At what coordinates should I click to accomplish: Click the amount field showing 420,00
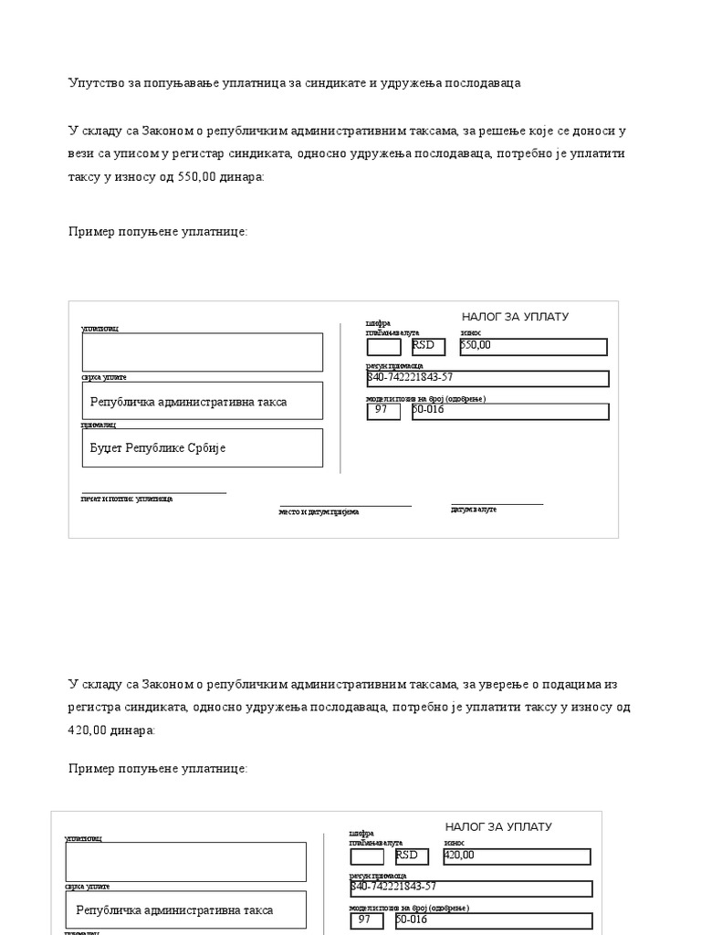[517, 856]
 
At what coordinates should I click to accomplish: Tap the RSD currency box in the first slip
[428, 346]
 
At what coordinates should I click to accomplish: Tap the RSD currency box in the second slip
[412, 856]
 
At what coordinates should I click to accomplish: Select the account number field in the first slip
[487, 378]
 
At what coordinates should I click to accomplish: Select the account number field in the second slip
[471, 888]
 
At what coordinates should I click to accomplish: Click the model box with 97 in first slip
[383, 411]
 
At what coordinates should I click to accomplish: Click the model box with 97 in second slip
[367, 920]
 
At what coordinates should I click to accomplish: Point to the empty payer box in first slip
[202, 352]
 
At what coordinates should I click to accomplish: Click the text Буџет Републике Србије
[157, 448]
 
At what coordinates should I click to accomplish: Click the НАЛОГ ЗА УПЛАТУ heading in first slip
[515, 317]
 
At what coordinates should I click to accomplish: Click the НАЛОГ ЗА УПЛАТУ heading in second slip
[498, 827]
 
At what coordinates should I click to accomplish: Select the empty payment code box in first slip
[383, 346]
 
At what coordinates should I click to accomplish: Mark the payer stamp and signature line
[153, 493]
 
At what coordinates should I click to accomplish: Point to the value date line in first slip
[497, 504]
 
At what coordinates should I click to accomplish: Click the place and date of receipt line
[345, 506]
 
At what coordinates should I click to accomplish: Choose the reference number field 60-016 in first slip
[509, 411]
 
